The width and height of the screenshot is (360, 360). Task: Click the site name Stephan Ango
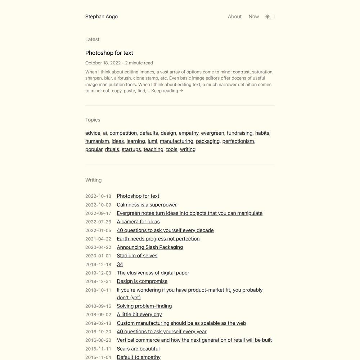click(102, 17)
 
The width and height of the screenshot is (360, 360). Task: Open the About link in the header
click(235, 17)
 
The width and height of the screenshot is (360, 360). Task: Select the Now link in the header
click(253, 17)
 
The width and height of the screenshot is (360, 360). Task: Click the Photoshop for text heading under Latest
click(109, 53)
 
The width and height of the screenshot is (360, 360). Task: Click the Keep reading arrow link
click(167, 91)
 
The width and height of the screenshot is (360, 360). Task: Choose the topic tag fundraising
click(239, 133)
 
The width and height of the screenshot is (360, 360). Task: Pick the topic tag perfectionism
click(238, 141)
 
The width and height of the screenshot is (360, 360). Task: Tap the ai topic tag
click(105, 133)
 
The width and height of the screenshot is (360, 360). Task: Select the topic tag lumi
click(152, 141)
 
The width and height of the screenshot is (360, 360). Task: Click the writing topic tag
click(188, 149)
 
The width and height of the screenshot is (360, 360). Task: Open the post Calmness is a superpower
click(147, 205)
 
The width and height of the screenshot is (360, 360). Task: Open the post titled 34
click(120, 264)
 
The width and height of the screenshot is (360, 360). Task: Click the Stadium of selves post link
click(137, 256)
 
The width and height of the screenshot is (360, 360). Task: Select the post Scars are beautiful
click(138, 348)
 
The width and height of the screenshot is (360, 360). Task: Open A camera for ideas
click(138, 222)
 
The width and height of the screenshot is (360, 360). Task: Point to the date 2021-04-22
click(98, 239)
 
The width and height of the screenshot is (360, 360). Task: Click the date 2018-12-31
click(98, 282)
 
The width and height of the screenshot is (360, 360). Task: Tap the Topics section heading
click(93, 120)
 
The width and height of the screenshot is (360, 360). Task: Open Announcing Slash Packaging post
click(150, 247)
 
